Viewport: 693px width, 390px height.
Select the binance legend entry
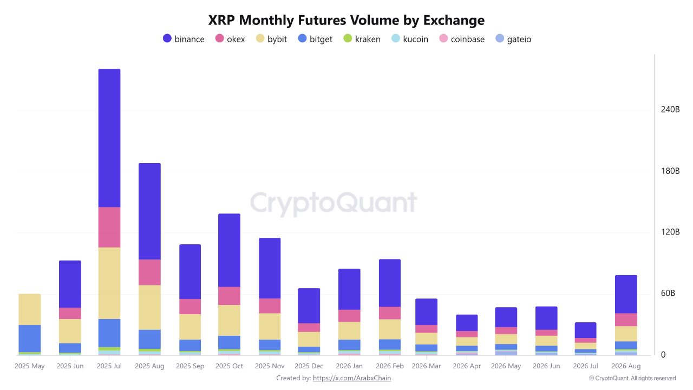click(x=184, y=39)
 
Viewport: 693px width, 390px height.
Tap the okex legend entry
click(x=230, y=39)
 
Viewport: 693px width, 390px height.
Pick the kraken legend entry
click(x=362, y=39)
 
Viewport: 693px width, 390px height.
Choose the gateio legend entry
click(x=513, y=39)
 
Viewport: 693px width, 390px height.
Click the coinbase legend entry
click(x=462, y=39)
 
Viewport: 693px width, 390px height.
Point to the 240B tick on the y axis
click(x=670, y=109)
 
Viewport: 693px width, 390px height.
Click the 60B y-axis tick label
click(x=668, y=293)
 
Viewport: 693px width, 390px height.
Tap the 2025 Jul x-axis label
click(x=109, y=366)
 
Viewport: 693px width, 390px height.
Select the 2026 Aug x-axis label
click(x=626, y=366)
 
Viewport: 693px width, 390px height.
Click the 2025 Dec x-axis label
click(x=309, y=366)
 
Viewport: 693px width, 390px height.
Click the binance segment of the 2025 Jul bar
click(x=109, y=138)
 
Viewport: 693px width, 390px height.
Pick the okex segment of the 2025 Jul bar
click(x=109, y=227)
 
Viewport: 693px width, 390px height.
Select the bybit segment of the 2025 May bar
click(x=30, y=309)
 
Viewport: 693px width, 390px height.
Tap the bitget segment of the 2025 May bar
click(x=30, y=339)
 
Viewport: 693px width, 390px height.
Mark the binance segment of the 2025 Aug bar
click(x=150, y=211)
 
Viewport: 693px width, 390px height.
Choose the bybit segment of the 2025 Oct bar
click(x=229, y=320)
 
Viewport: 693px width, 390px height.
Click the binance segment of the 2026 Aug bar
click(x=626, y=294)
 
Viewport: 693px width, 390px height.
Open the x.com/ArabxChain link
click(x=352, y=378)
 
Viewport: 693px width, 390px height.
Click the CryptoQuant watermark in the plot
click(x=334, y=203)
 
